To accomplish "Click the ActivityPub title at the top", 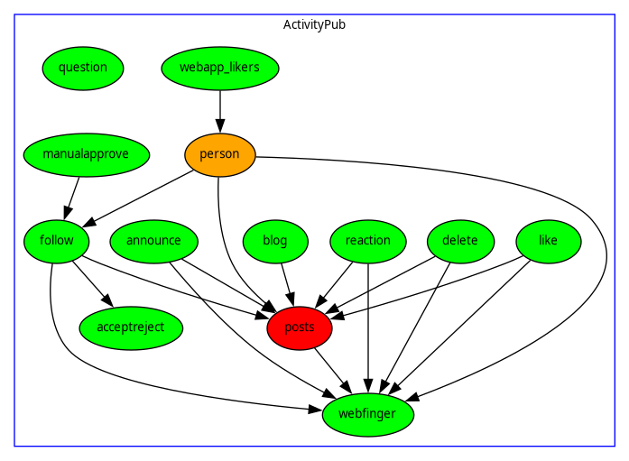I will [x=314, y=24].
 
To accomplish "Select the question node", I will [x=83, y=68].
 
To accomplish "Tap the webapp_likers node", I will [x=220, y=68].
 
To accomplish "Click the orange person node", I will [x=220, y=154].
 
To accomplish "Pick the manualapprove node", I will [x=78, y=154].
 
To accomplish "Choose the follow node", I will [x=57, y=241].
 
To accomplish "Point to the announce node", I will [x=153, y=241].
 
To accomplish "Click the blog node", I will [x=275, y=241].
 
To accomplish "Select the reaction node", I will [x=368, y=241].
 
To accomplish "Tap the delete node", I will [x=460, y=241].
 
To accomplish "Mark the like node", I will [x=549, y=241].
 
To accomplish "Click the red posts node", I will [x=300, y=327].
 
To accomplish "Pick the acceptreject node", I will [x=131, y=327].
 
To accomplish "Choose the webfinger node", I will [x=368, y=415].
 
